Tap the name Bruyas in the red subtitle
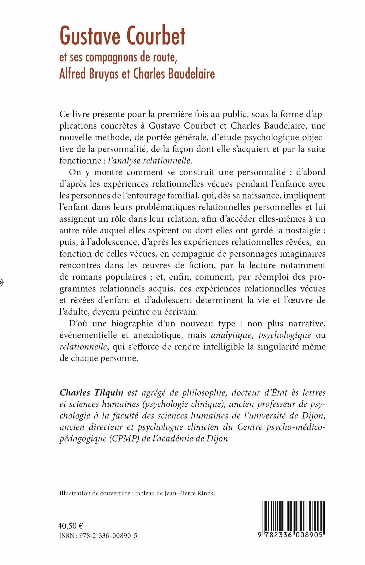[104, 74]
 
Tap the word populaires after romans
[126, 277]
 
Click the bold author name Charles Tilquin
[92, 393]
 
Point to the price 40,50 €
[70, 526]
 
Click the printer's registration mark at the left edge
[1, 282]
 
